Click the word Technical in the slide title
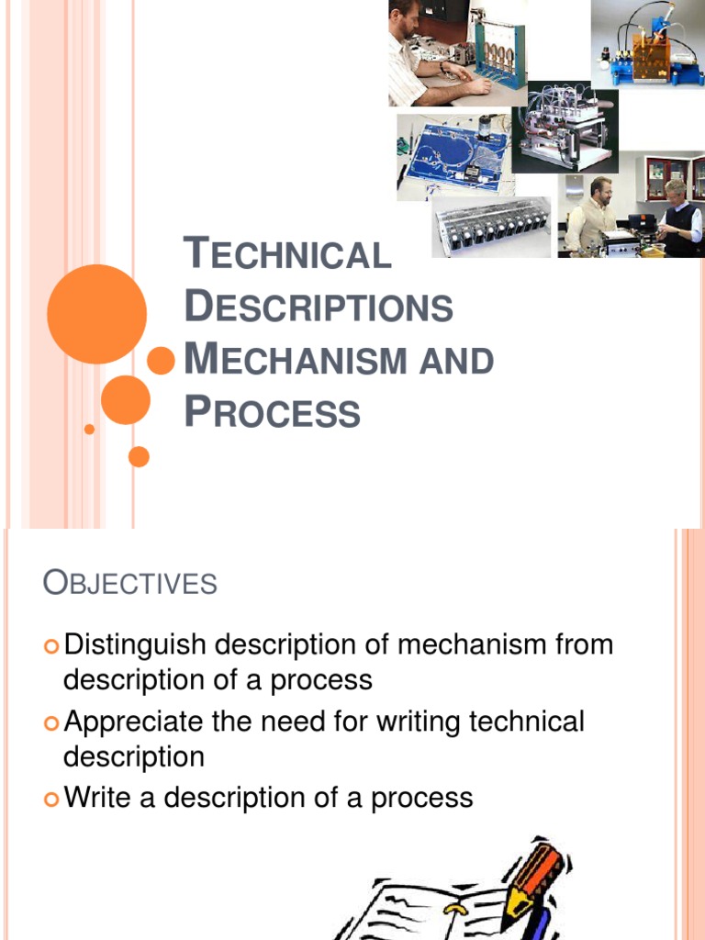[287, 254]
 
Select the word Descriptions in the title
[319, 307]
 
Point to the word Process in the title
[273, 412]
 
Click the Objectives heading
[130, 583]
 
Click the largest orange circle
[96, 314]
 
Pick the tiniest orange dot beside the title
[89, 429]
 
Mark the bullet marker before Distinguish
[51, 646]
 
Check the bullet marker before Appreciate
[51, 723]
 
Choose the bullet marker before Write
[51, 799]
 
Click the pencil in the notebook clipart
[537, 878]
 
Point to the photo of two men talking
[632, 217]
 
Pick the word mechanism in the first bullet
[461, 644]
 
